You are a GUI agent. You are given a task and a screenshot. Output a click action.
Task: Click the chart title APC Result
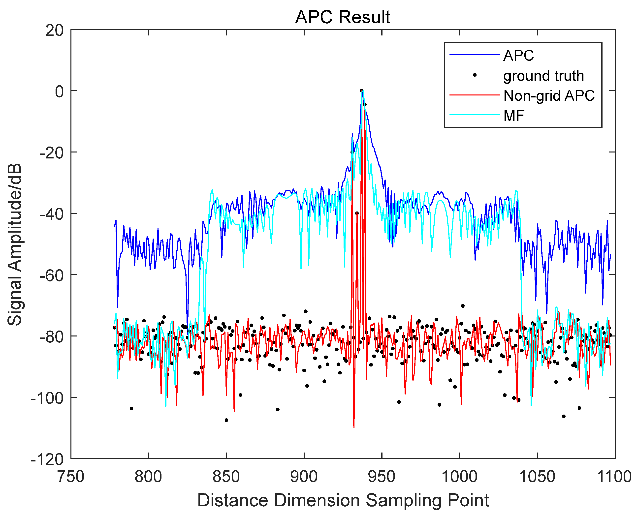(343, 17)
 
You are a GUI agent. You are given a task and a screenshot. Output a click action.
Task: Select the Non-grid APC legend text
(549, 96)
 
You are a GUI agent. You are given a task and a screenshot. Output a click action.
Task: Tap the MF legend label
(514, 116)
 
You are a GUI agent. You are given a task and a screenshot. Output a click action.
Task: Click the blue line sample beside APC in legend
(474, 55)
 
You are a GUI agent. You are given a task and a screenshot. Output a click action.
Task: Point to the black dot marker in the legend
(475, 75)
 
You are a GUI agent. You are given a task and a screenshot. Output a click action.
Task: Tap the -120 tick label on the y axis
(47, 459)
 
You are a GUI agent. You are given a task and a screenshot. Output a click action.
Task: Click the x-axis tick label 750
(71, 477)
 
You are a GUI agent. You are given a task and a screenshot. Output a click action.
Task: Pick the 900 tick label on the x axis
(304, 477)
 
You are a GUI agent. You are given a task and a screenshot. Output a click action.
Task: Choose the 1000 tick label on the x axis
(460, 477)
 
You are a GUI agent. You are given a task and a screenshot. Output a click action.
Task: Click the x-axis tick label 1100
(614, 477)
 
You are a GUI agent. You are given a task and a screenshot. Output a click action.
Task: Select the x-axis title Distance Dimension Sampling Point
(343, 500)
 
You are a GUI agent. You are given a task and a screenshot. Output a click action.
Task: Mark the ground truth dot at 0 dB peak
(361, 91)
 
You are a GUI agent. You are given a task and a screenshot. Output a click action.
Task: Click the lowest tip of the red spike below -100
(354, 427)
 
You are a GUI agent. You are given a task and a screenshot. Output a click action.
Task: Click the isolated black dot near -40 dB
(357, 213)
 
